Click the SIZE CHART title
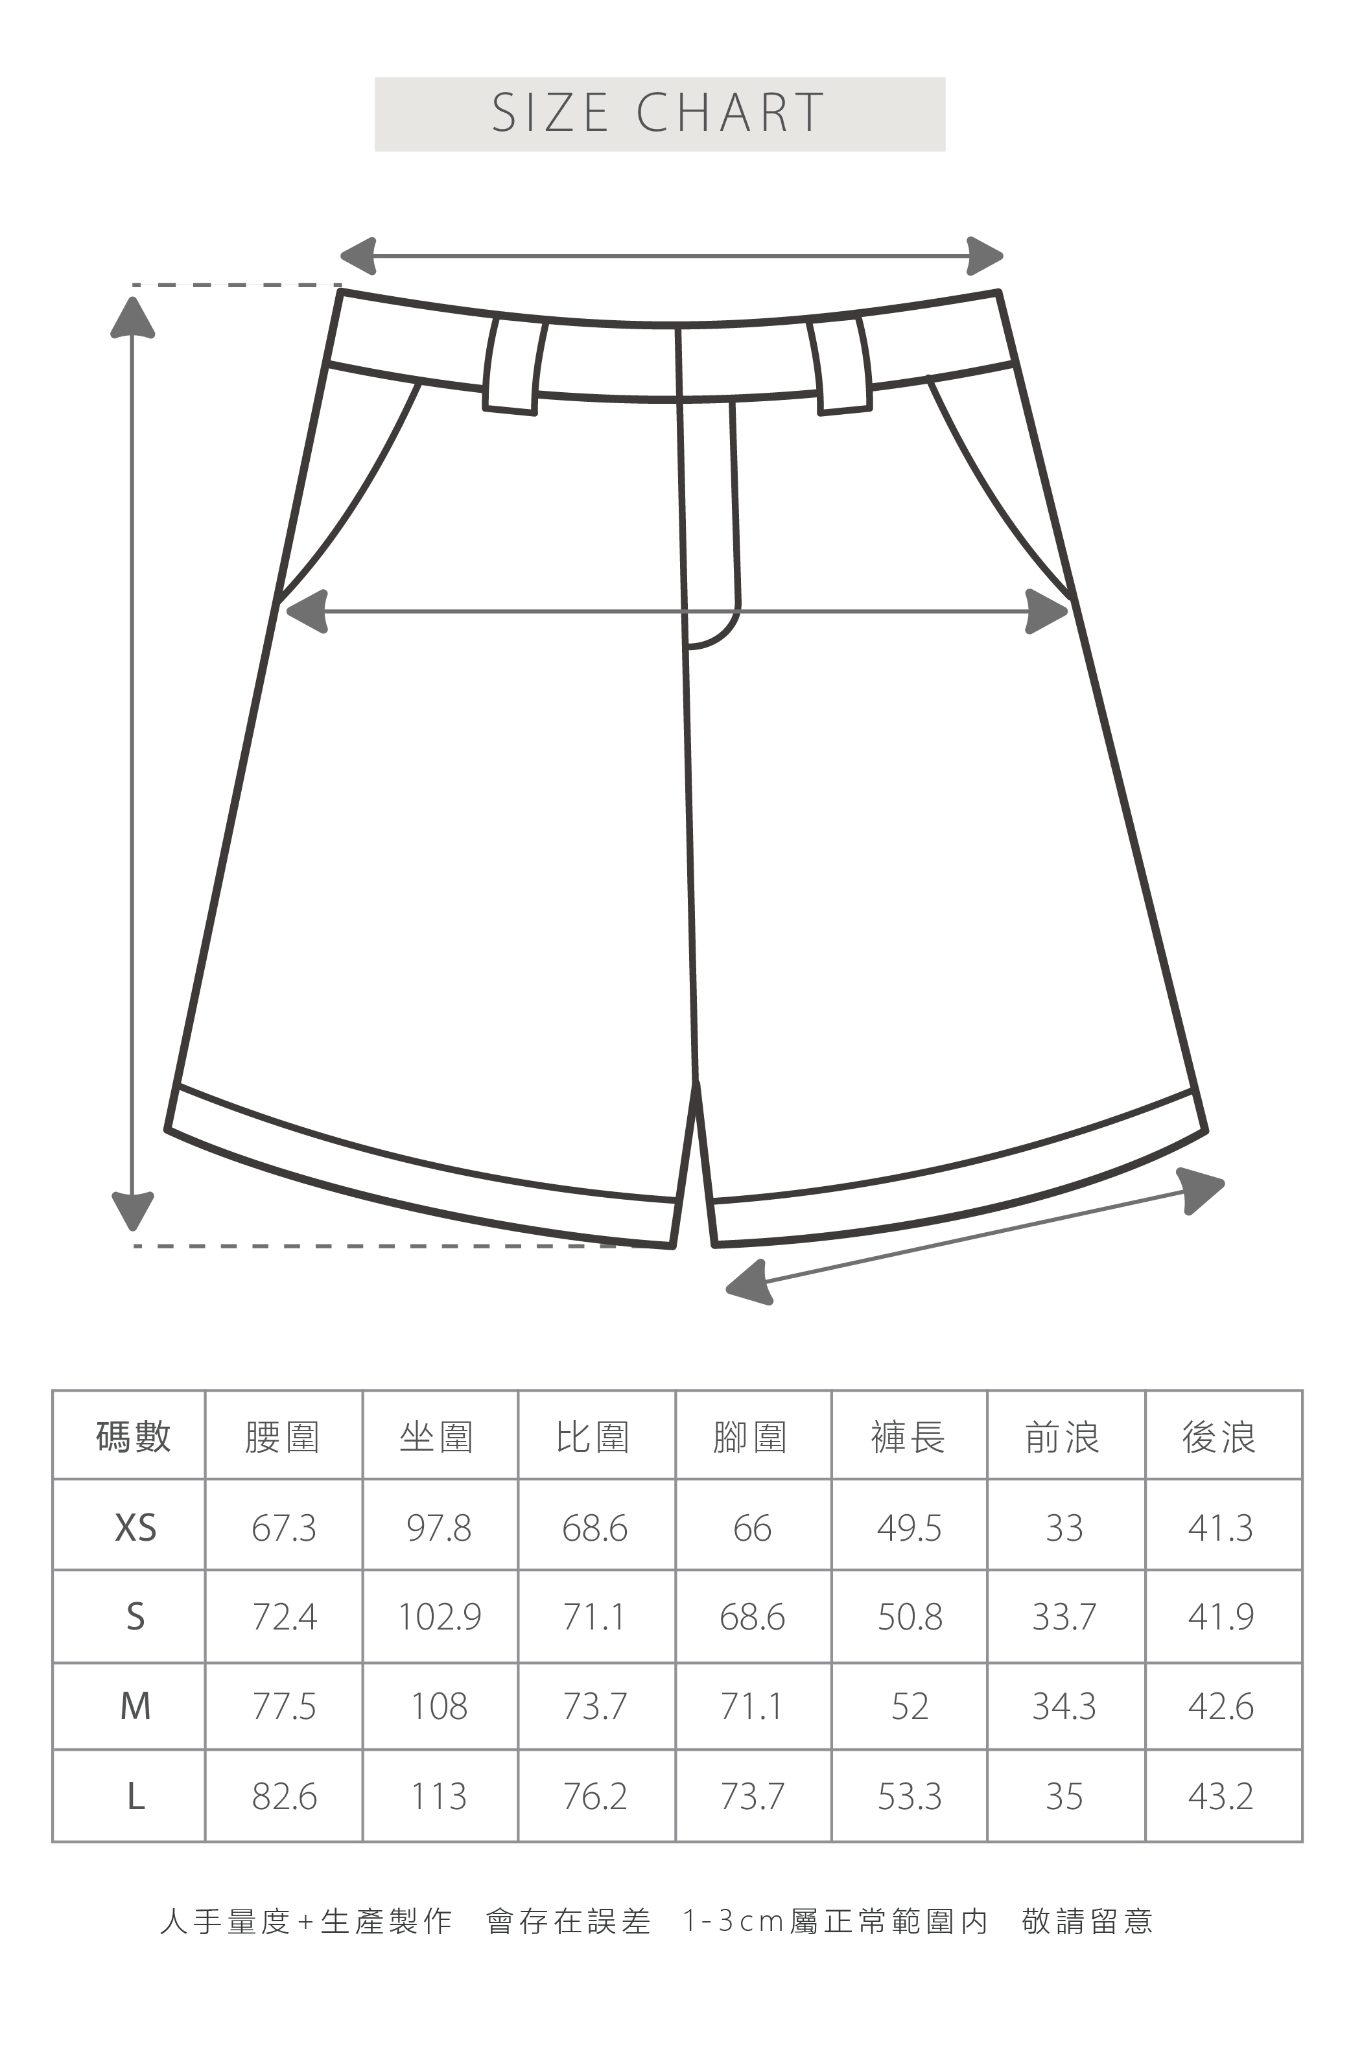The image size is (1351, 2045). (659, 113)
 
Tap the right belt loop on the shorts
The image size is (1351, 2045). (840, 366)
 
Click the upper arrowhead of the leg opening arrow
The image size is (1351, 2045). (1202, 1188)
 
